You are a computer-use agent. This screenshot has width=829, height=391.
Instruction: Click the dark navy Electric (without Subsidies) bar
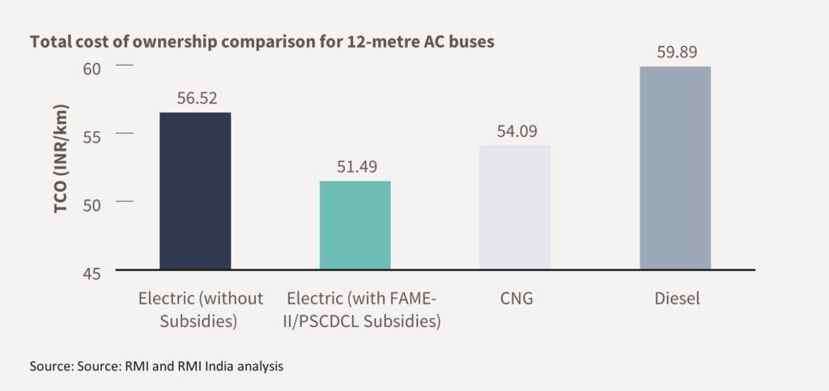pyautogui.click(x=195, y=191)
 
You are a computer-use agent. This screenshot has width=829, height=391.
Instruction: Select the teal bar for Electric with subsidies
pyautogui.click(x=355, y=225)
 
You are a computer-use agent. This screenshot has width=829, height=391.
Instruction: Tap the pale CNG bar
pyautogui.click(x=515, y=207)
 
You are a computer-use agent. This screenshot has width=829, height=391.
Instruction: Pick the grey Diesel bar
pyautogui.click(x=675, y=168)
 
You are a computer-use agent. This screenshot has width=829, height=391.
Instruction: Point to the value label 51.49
pyautogui.click(x=355, y=167)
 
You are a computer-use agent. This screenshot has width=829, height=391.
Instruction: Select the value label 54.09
pyautogui.click(x=515, y=131)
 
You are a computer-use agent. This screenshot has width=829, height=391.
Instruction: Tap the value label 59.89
pyautogui.click(x=675, y=52)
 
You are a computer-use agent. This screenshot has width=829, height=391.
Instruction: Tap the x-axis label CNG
pyautogui.click(x=515, y=299)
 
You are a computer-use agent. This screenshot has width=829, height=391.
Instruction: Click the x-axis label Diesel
pyautogui.click(x=676, y=299)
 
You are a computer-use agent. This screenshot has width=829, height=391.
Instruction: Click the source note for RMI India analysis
pyautogui.click(x=156, y=367)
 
